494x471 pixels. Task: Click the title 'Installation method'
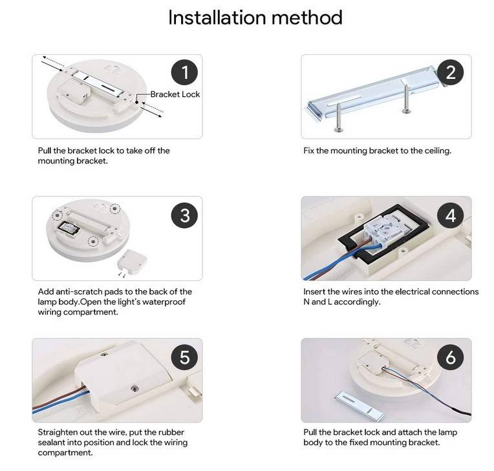255,17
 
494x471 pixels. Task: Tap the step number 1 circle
185,72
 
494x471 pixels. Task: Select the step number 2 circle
451,72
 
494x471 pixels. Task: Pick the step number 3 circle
185,216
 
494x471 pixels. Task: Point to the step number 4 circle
451,216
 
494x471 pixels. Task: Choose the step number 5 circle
185,357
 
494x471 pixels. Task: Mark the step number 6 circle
451,357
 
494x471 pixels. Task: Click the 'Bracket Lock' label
175,94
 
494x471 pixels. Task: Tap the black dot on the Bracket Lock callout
137,102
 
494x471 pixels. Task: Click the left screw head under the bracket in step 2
338,129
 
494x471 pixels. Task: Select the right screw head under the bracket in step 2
407,111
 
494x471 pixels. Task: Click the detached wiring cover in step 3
132,261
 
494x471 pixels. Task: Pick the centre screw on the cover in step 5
134,389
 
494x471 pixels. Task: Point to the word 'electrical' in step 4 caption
411,292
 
